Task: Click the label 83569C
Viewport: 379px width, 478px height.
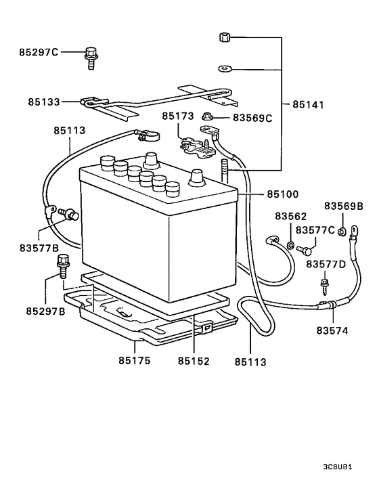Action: pyautogui.click(x=252, y=118)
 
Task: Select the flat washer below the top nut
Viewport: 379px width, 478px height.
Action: pyautogui.click(x=225, y=68)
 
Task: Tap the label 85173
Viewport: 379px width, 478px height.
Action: pyautogui.click(x=177, y=116)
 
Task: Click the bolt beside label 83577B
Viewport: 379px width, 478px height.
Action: pyautogui.click(x=68, y=215)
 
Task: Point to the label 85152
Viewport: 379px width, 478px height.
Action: pyautogui.click(x=194, y=362)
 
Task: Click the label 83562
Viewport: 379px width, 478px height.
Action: pyautogui.click(x=290, y=217)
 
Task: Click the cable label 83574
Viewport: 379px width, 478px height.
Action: pyautogui.click(x=332, y=331)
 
